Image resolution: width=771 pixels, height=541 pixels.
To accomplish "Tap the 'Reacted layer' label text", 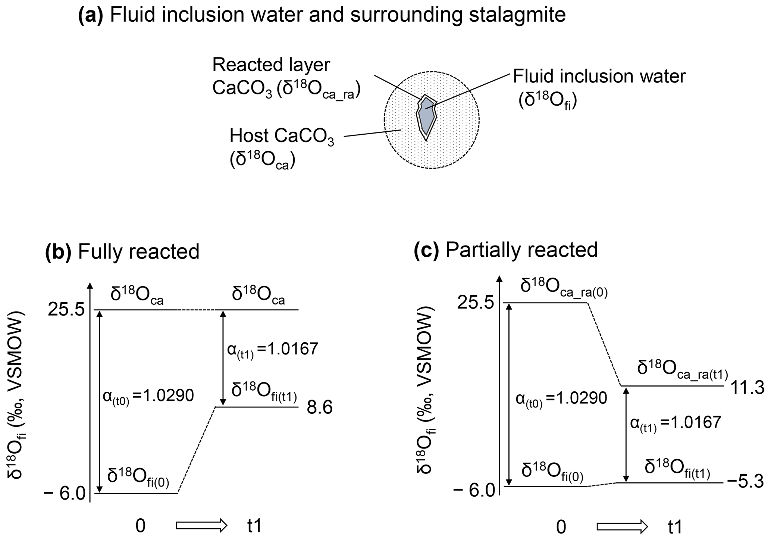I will click(271, 65).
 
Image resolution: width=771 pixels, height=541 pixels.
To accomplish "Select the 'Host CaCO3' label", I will click(282, 136).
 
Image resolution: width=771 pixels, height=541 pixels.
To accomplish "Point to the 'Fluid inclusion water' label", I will click(599, 76).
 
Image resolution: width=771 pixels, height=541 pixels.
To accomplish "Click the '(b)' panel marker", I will click(58, 251).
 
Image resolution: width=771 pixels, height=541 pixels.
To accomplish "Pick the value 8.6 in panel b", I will click(319, 408).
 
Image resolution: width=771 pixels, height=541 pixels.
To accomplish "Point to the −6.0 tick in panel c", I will click(474, 489).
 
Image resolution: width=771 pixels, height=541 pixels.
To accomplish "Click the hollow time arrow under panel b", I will click(201, 526).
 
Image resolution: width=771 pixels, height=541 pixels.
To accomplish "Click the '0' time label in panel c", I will click(561, 527).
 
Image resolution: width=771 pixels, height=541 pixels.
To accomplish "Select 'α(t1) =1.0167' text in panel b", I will click(272, 350).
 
